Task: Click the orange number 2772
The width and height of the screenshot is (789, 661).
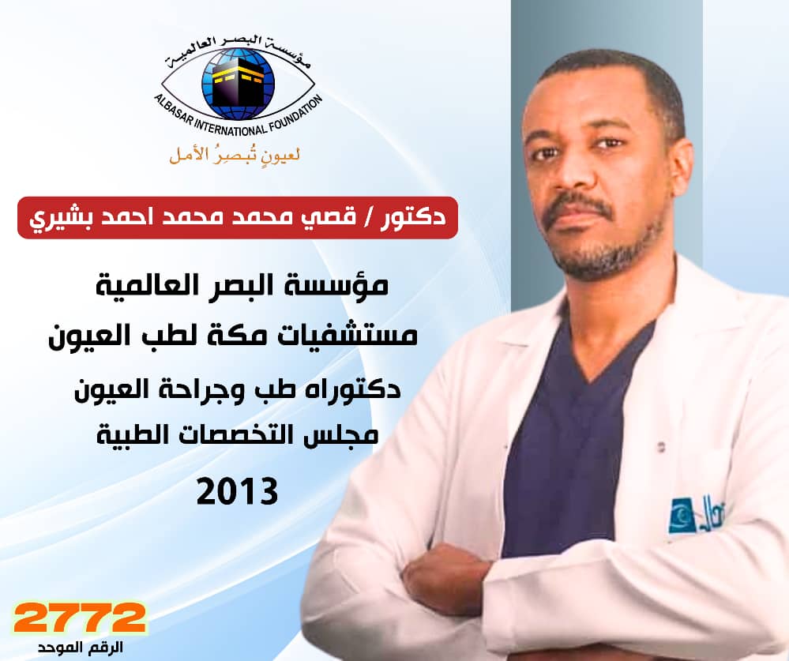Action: coord(80,618)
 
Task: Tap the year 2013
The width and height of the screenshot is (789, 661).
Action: coord(237,491)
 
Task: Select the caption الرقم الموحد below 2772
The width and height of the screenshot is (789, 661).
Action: coord(81,647)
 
